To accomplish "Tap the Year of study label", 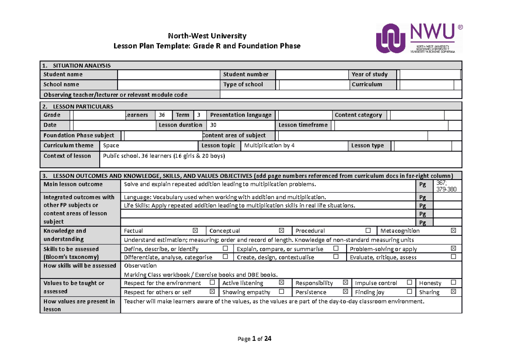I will click(369, 75).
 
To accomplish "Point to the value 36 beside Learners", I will click(162, 115).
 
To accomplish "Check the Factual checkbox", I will click(195, 231).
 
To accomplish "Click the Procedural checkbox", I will click(368, 231).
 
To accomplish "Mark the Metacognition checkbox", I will click(453, 231).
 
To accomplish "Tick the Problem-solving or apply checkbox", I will click(453, 249).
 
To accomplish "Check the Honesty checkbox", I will click(453, 283).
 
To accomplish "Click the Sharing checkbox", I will click(453, 292).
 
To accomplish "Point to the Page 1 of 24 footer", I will click(255, 339).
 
